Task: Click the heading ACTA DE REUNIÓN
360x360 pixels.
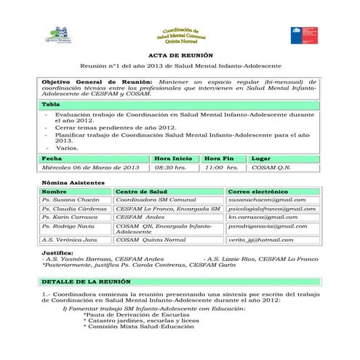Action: (180, 55)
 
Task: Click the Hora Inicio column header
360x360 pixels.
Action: (173, 158)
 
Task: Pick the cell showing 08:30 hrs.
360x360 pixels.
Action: (171, 167)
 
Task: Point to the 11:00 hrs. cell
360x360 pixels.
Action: (222, 167)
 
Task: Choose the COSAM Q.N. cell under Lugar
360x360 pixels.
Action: (271, 167)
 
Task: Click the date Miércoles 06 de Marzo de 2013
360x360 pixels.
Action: (91, 167)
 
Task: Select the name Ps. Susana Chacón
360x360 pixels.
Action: (71, 199)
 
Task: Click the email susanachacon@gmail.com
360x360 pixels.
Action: (266, 199)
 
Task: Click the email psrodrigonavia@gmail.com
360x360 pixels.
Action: (267, 226)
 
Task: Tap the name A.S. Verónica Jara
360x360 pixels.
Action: (69, 239)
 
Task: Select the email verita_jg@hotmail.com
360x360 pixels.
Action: (260, 239)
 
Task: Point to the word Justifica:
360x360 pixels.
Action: (57, 252)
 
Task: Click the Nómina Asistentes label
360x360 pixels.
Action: (73, 182)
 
